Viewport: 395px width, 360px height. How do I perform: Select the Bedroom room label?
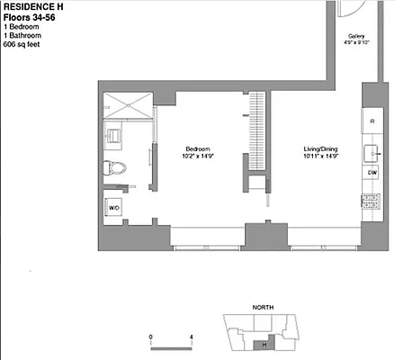tap(197, 148)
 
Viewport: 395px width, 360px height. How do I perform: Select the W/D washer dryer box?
tap(114, 207)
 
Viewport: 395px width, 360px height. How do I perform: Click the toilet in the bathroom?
tap(111, 166)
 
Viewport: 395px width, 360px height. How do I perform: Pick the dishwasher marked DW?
tap(372, 171)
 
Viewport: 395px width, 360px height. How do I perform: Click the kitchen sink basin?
tap(370, 148)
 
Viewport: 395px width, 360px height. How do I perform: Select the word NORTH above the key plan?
tap(263, 308)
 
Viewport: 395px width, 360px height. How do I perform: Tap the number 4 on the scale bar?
tap(192, 336)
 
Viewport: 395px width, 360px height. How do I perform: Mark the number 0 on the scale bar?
tap(151, 336)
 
